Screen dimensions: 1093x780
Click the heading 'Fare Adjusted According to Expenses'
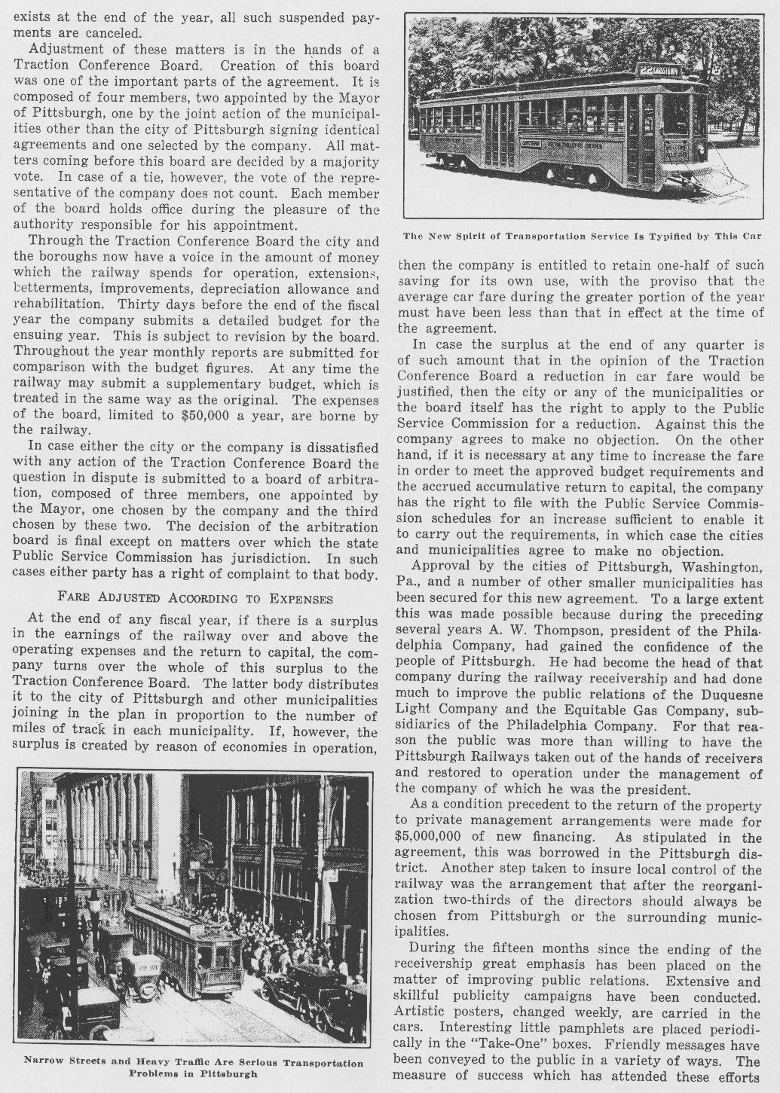tap(194, 598)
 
